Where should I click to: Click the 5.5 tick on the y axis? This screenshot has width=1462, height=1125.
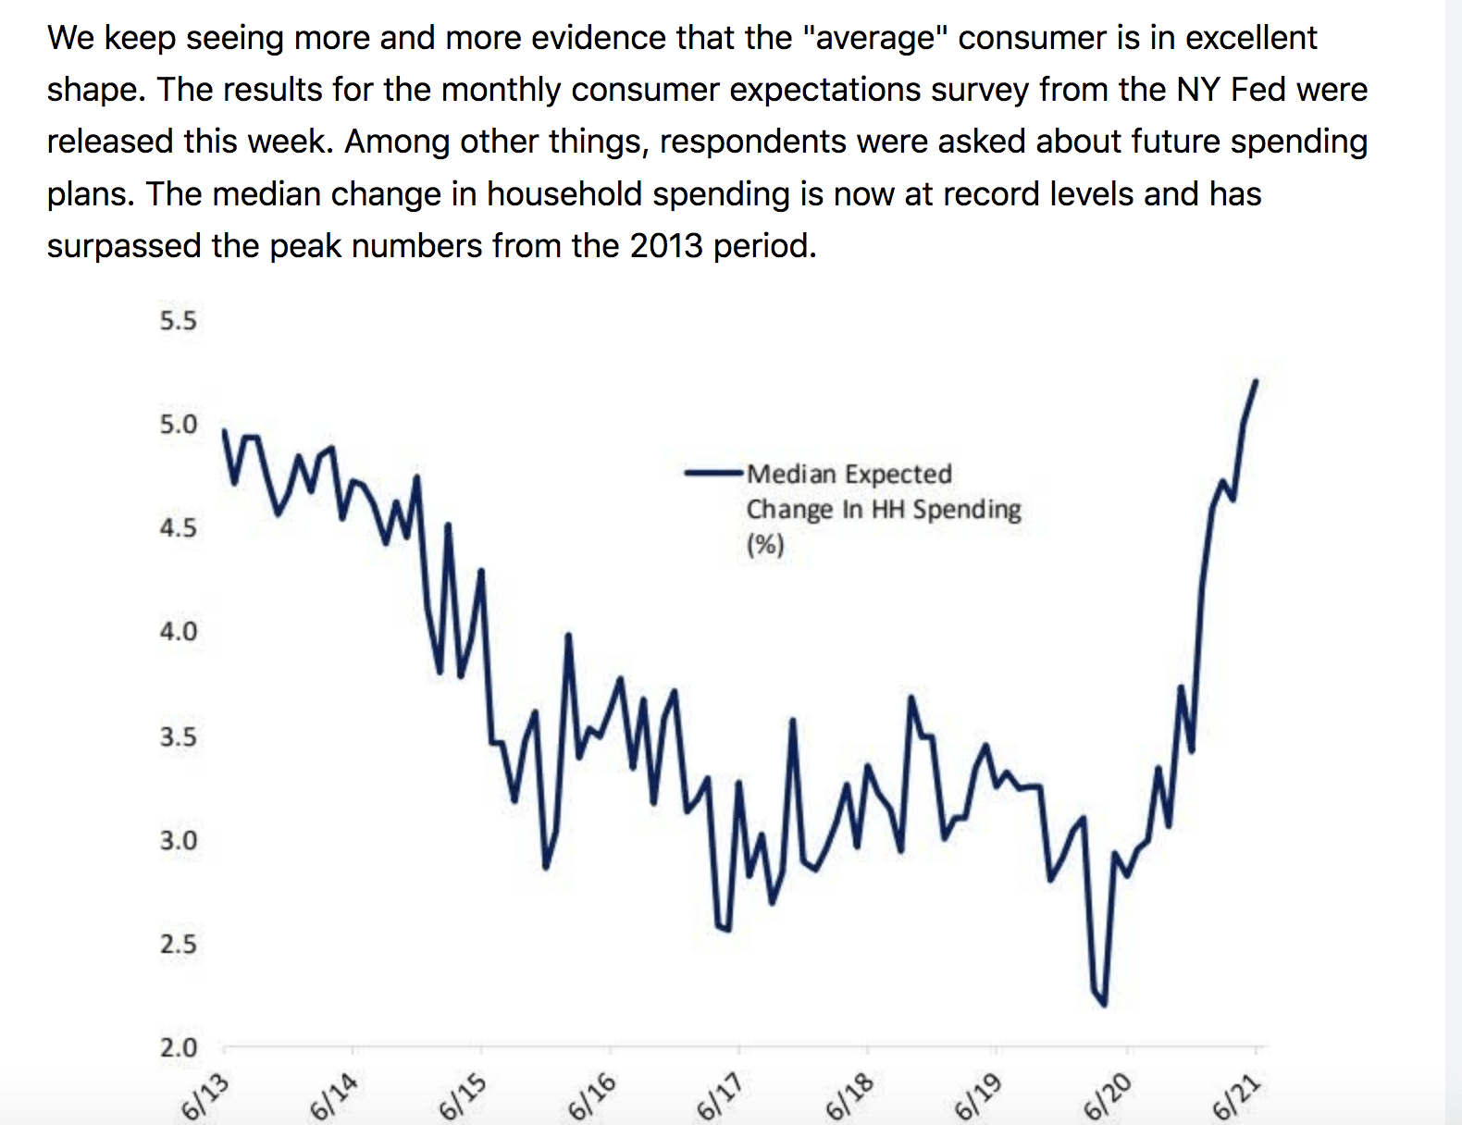178,321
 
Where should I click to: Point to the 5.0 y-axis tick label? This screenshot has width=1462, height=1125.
178,425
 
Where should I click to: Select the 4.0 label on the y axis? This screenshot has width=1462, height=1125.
178,632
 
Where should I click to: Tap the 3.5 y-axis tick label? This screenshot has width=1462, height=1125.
178,737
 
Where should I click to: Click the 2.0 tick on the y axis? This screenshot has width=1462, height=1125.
178,1048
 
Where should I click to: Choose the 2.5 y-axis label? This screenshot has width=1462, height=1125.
178,945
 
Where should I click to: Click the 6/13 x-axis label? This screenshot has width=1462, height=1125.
205,1097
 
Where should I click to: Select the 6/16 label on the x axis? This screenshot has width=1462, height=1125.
592,1097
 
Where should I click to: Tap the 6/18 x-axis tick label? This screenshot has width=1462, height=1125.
849,1097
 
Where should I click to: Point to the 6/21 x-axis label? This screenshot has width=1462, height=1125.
1236,1097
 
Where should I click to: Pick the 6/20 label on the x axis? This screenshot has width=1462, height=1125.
1108,1097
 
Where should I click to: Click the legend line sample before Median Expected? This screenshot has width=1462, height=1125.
713,473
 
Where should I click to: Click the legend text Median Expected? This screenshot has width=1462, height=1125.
849,474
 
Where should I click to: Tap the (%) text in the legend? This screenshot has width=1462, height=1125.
765,544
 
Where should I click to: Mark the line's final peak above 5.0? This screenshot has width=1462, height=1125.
1256,380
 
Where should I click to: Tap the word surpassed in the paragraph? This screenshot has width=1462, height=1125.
111,245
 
